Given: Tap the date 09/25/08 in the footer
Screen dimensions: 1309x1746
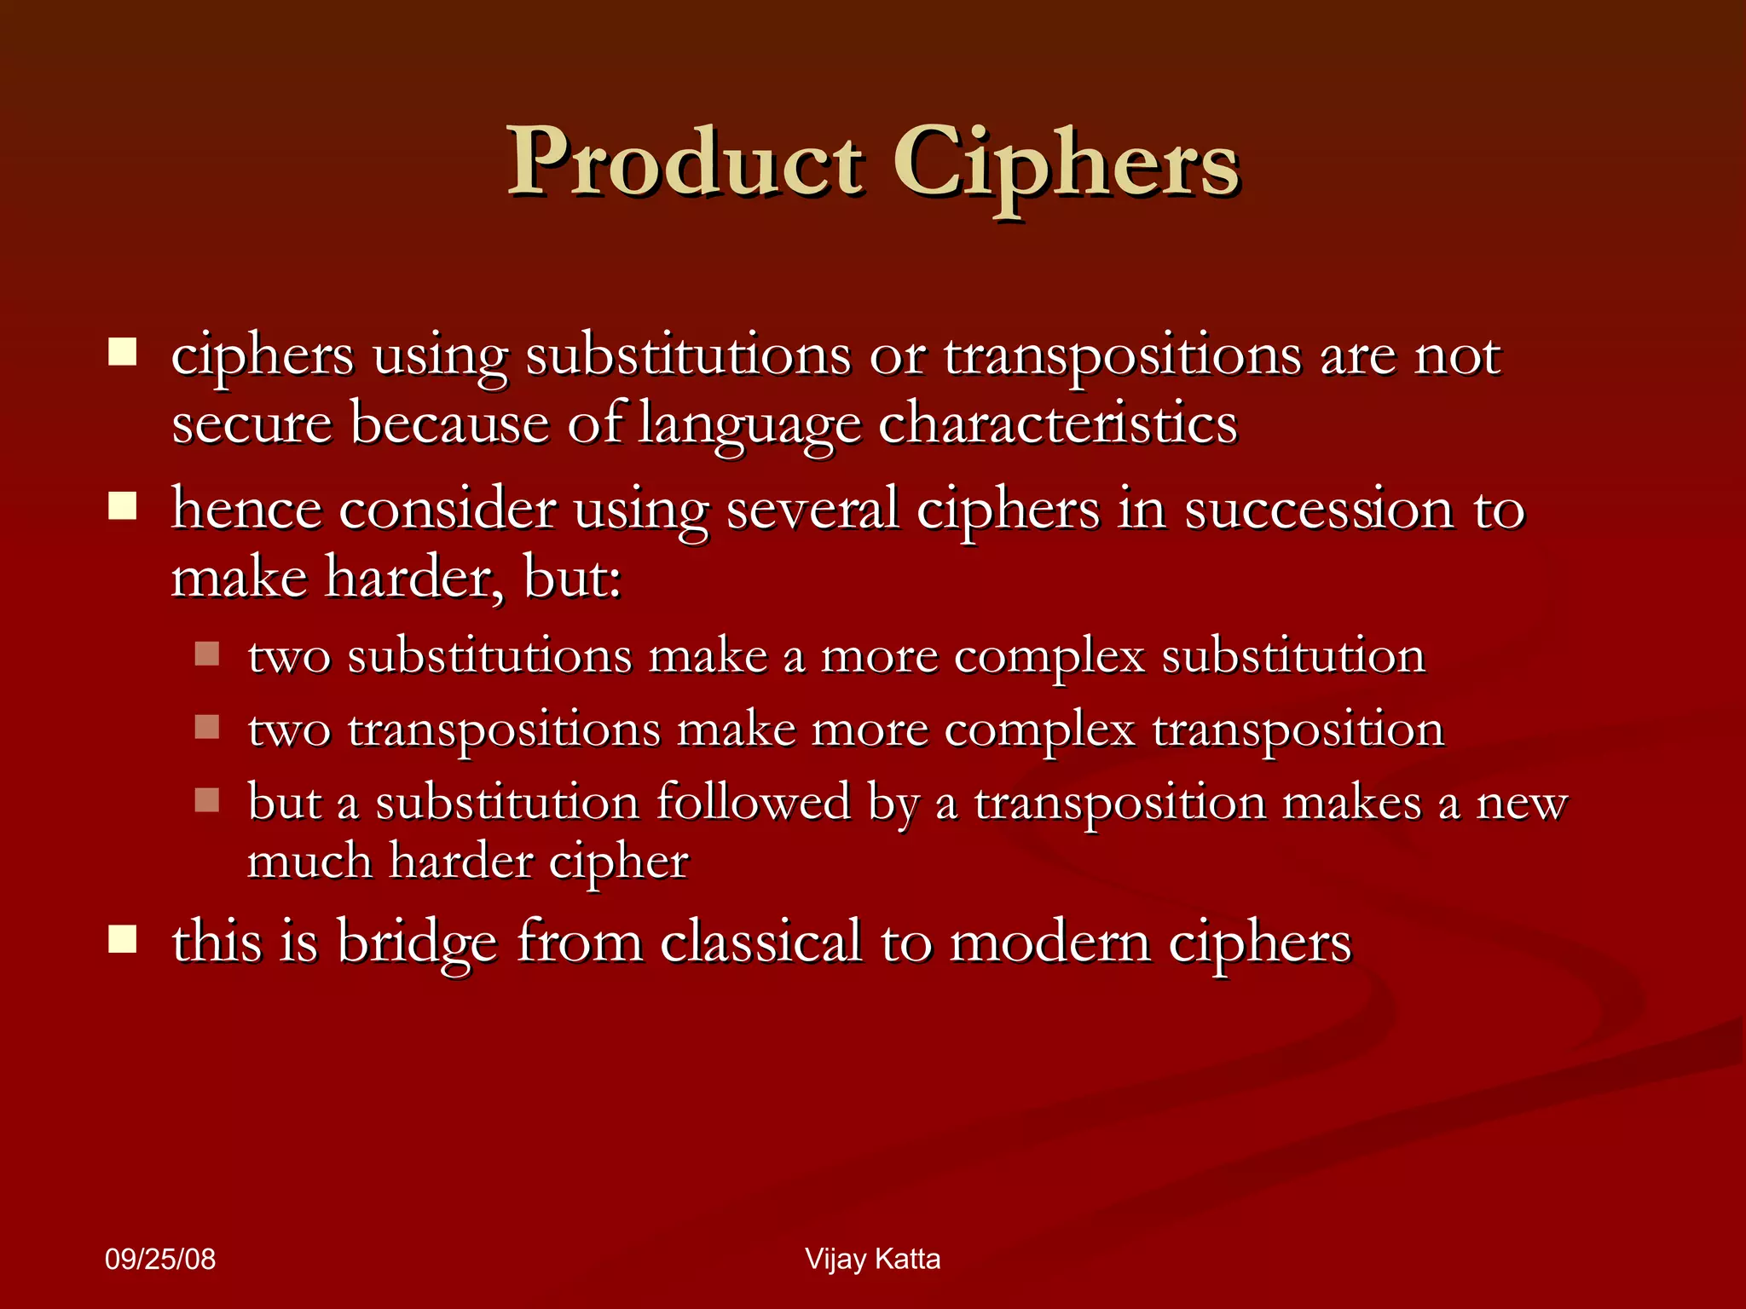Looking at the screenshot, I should point(160,1260).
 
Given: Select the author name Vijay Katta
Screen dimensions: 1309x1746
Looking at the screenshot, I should point(872,1259).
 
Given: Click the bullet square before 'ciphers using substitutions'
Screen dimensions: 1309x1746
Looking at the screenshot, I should point(123,352).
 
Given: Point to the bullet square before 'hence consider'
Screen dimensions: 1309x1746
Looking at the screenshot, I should point(123,506).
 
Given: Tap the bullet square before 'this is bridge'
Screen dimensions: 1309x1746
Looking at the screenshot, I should point(123,939).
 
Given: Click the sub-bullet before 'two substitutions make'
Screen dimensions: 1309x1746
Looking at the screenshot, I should point(207,654).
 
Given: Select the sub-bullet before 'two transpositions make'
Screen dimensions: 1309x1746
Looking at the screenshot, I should point(207,727).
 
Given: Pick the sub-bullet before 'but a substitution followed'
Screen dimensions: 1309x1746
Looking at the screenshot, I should point(207,799).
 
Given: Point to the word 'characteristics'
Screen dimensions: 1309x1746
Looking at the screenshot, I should point(1057,424).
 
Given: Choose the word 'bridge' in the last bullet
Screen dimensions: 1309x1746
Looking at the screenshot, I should point(417,943).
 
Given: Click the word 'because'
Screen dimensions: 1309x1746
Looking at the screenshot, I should point(449,424).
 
